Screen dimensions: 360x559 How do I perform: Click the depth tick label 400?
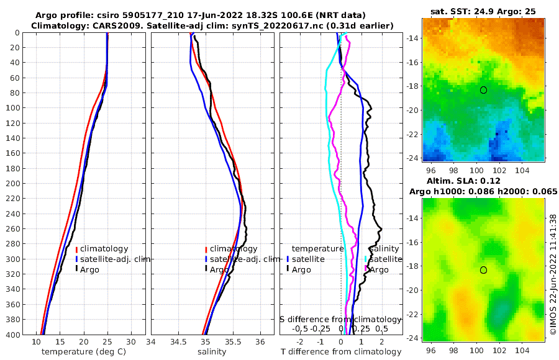coord(14,335)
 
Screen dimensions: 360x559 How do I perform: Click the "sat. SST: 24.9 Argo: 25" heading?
coord(482,11)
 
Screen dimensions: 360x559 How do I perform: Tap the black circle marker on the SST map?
coord(483,90)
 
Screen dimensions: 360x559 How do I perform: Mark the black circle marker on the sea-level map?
coord(483,270)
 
